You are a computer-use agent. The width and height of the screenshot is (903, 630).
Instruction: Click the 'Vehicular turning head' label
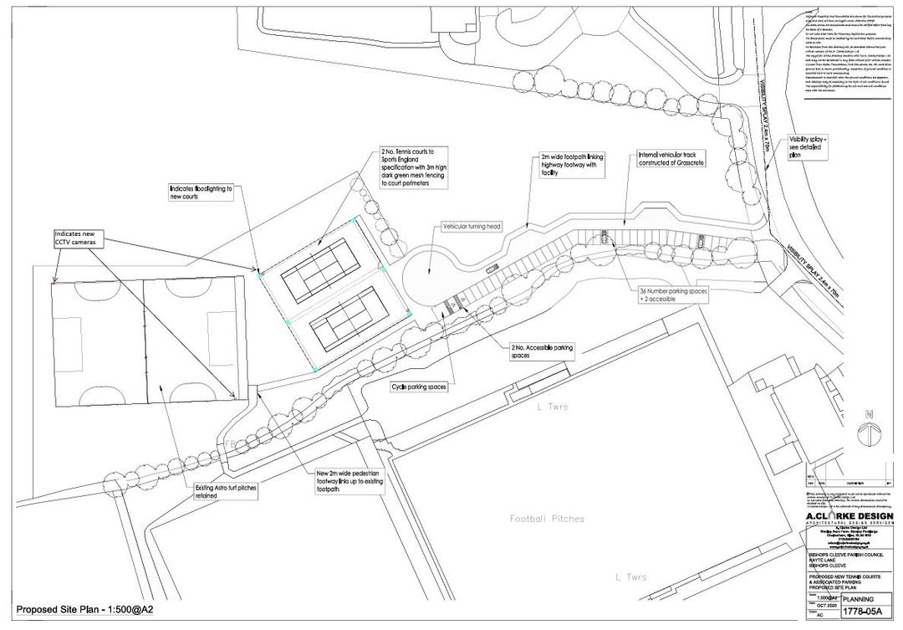[472, 227]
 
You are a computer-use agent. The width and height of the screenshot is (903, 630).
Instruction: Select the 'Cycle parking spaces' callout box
[420, 387]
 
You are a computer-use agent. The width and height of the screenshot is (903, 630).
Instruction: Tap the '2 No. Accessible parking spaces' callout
[542, 350]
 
